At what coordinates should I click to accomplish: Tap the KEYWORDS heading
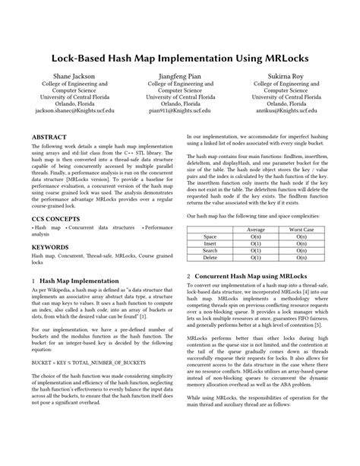(51, 247)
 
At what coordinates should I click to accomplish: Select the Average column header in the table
(256, 230)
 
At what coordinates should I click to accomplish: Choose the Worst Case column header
(302, 230)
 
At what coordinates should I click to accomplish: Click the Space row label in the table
(210, 236)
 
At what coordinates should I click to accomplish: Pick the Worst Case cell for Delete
(302, 257)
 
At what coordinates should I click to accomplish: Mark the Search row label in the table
(210, 250)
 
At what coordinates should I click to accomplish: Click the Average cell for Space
(256, 236)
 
